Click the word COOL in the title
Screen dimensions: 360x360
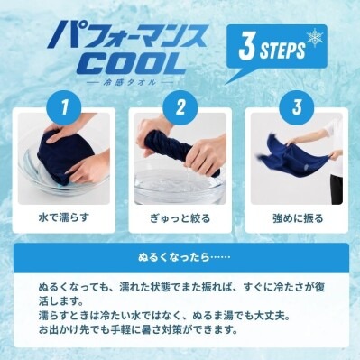131,63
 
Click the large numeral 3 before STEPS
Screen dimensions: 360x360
247,47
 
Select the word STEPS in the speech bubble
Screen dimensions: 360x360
282,51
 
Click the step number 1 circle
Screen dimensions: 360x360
64,107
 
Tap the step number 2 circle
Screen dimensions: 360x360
180,107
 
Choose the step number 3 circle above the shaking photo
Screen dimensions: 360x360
297,107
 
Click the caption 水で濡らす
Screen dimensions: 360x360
64,217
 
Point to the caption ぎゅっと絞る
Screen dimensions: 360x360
180,218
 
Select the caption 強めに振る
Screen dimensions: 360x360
298,218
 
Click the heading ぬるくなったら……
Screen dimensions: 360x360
184,257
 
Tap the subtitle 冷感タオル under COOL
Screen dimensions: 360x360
129,82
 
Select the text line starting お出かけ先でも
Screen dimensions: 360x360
138,330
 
